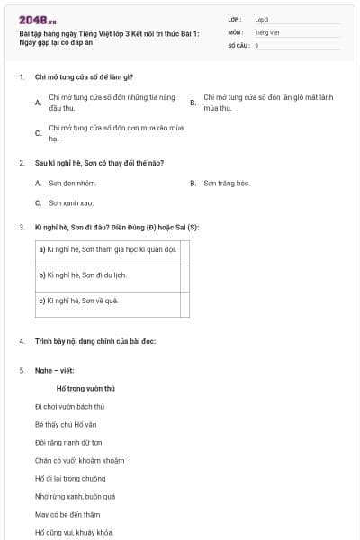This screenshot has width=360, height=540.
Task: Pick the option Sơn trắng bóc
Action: coord(226,183)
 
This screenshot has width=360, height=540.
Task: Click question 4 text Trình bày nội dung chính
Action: coord(94,341)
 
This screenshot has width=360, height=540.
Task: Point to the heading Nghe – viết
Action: coord(57,370)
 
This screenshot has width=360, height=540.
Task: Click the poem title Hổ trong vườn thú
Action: coord(85,389)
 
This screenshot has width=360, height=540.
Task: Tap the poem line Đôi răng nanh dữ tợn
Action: coord(68,442)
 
